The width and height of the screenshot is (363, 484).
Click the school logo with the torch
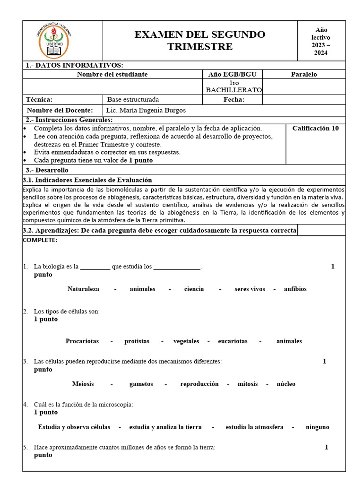click(53, 41)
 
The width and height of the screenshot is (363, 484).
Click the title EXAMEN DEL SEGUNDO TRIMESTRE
click(199, 41)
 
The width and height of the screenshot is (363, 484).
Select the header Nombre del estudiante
click(112, 74)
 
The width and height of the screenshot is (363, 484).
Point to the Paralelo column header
click(303, 74)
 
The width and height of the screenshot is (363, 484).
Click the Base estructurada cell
click(133, 100)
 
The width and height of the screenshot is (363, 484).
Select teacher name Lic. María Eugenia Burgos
click(147, 111)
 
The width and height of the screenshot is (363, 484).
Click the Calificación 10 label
click(315, 129)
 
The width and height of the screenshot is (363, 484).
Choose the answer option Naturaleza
click(83, 289)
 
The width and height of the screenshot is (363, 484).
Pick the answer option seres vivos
click(250, 289)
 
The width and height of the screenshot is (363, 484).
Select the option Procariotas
click(82, 341)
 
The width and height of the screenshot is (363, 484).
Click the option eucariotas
click(233, 341)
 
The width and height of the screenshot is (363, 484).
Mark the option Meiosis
click(83, 384)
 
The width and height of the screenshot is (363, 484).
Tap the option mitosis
click(248, 384)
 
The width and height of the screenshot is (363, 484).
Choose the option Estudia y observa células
click(74, 427)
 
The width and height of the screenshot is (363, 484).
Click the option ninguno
click(317, 427)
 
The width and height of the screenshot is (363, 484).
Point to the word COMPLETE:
click(40, 240)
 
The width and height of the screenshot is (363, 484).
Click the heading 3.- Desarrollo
click(47, 170)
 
